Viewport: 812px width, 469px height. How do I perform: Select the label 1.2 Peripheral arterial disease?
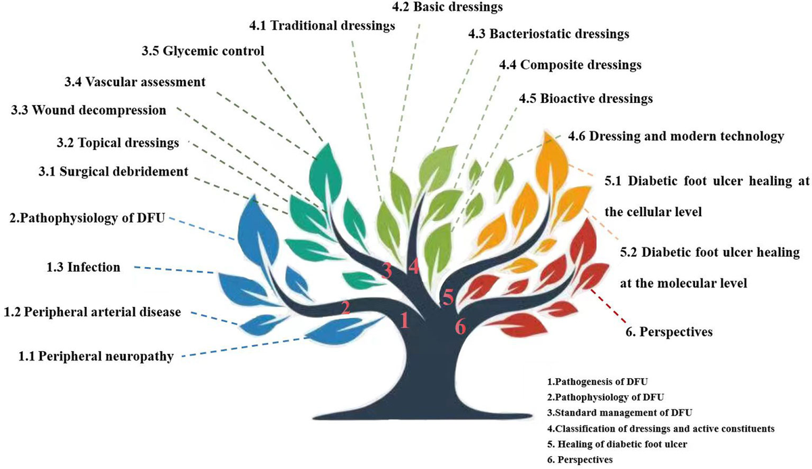point(93,312)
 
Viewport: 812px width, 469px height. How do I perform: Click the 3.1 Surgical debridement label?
point(112,171)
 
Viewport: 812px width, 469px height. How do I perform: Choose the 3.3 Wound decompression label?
point(88,110)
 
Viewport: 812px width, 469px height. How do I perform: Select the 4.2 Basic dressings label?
point(448,7)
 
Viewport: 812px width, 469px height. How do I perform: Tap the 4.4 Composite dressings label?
point(570,65)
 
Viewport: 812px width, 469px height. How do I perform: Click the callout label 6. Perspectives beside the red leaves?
point(669,332)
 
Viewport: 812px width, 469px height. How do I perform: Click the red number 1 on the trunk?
point(404,319)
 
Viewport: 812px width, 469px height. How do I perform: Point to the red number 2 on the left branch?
point(346,308)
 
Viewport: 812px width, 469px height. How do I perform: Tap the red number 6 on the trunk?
point(460,327)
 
